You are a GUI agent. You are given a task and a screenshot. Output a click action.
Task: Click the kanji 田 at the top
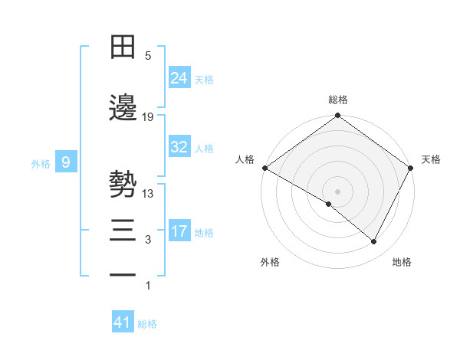(123, 47)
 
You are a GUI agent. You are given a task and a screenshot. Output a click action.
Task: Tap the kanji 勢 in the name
(123, 185)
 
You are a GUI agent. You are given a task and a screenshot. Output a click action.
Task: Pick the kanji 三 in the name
(123, 231)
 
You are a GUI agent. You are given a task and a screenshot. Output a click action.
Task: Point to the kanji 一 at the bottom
(123, 274)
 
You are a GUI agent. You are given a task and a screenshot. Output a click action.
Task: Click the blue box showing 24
(179, 78)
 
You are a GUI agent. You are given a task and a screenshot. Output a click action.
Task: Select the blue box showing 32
(179, 147)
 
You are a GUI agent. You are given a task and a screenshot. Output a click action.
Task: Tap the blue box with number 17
(179, 231)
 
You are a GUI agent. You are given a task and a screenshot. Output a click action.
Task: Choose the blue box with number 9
(67, 162)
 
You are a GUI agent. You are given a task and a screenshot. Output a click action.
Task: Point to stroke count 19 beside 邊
(148, 117)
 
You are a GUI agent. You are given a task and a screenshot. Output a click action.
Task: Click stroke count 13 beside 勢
(148, 194)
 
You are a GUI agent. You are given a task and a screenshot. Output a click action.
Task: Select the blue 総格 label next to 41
(147, 324)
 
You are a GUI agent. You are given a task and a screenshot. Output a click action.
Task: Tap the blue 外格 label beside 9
(41, 163)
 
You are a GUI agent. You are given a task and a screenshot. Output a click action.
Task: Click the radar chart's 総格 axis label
(337, 100)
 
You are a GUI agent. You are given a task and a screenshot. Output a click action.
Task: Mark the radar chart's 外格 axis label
(270, 263)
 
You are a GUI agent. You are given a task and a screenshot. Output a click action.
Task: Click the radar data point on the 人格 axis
(264, 168)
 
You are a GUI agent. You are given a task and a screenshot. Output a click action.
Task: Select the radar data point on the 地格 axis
(374, 242)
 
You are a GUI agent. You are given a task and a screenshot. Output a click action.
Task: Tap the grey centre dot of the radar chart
(337, 191)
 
